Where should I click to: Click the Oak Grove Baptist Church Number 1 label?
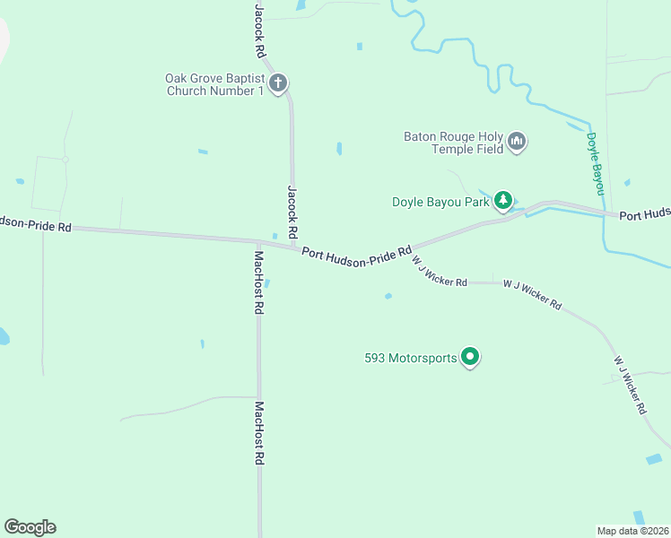[214, 84]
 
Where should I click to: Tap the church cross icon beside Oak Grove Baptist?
[278, 84]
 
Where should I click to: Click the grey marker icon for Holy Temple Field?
[517, 142]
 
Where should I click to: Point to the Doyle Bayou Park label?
[440, 202]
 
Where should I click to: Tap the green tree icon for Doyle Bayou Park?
[504, 200]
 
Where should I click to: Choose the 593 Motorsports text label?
[411, 358]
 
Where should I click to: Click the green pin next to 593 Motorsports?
[470, 357]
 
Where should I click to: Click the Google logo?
[30, 527]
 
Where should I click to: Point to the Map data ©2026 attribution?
[633, 530]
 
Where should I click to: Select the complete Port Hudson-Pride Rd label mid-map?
[356, 254]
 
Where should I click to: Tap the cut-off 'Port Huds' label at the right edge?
[645, 215]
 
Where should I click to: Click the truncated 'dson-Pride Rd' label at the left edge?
[36, 225]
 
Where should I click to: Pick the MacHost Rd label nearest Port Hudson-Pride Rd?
[258, 282]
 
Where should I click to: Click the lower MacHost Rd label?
[259, 432]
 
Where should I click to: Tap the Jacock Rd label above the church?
[260, 26]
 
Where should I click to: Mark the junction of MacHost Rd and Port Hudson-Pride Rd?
[258, 241]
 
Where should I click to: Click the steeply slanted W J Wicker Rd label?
[631, 385]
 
